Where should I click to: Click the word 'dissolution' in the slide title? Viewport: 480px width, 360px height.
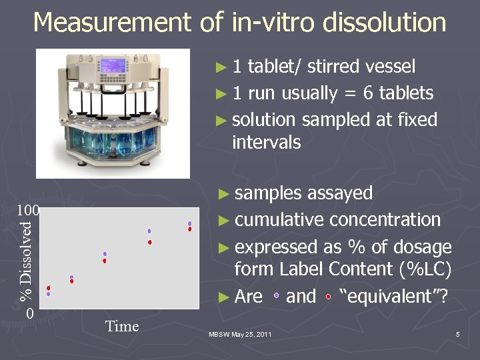point(384,23)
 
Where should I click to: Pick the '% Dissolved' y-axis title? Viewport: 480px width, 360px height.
point(25,261)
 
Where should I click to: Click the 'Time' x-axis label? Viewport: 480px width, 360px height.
point(122,326)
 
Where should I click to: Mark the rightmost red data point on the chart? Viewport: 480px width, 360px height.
point(190,229)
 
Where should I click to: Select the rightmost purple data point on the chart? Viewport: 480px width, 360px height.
point(190,223)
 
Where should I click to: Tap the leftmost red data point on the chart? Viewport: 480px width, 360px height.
point(48,288)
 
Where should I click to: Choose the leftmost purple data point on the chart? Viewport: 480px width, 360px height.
point(48,294)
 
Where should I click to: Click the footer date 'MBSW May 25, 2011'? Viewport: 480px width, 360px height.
point(240,333)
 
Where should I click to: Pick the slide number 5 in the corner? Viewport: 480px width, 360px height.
point(458,333)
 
